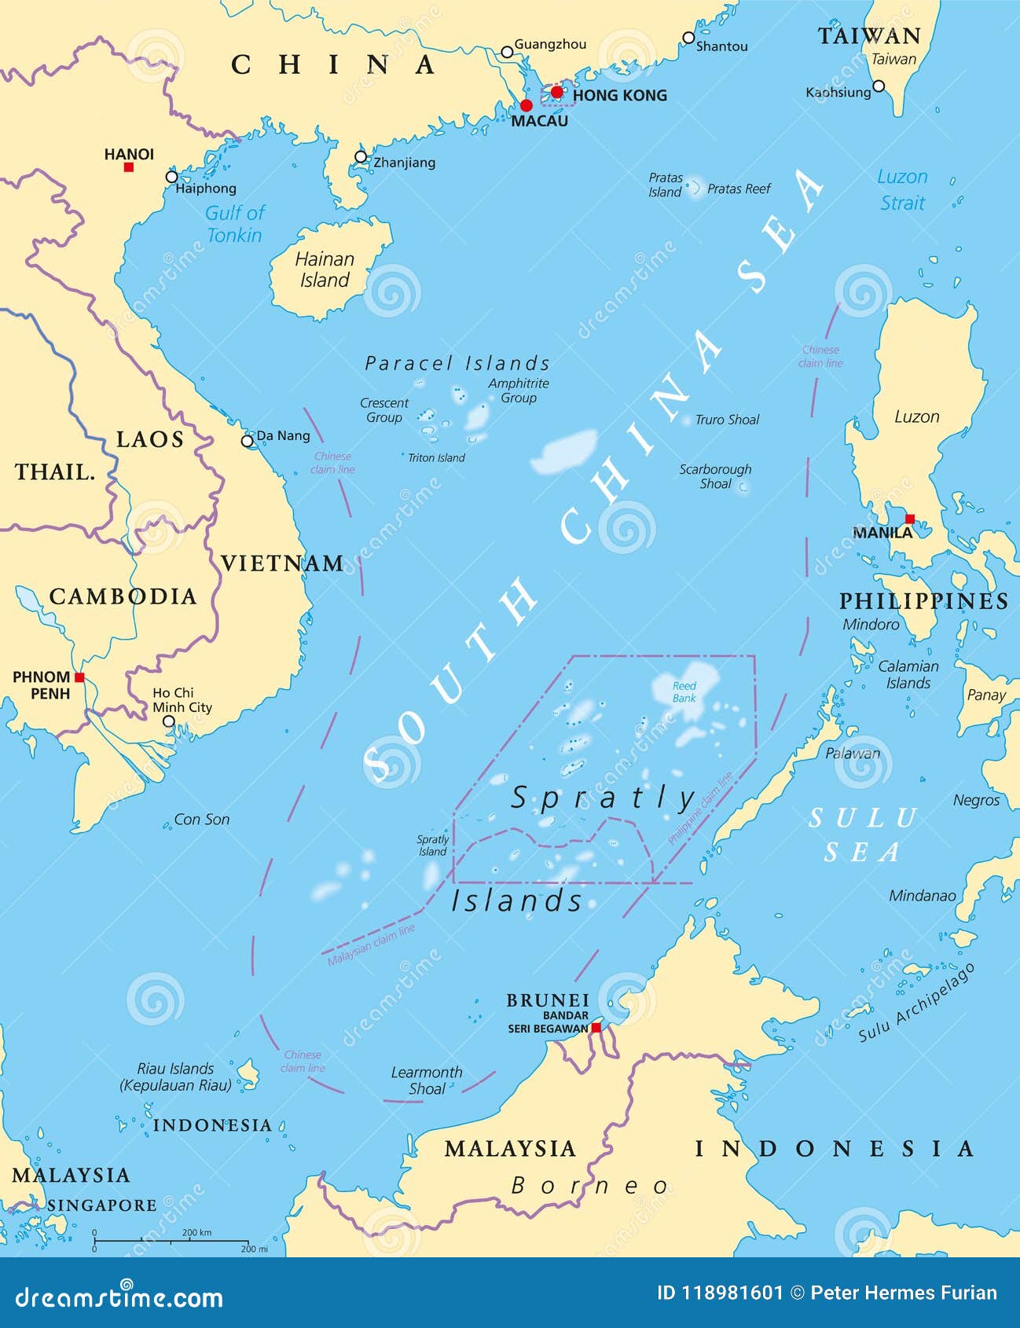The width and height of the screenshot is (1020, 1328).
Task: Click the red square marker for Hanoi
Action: [x=129, y=167]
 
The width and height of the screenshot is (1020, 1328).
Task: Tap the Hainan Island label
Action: [x=324, y=270]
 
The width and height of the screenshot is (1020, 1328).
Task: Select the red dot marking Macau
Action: [x=526, y=105]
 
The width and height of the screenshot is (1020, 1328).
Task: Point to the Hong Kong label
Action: [x=619, y=96]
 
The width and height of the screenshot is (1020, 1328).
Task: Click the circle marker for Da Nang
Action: [x=248, y=441]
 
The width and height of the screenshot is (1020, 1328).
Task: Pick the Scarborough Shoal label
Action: [x=715, y=476]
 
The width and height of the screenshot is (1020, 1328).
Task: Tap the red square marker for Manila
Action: [x=909, y=519]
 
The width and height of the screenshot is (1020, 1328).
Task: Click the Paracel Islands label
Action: [x=457, y=363]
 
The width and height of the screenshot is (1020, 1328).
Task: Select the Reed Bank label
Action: [x=684, y=692]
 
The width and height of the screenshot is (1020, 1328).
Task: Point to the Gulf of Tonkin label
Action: [x=234, y=224]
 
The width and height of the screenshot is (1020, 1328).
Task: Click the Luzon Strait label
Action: [x=902, y=189]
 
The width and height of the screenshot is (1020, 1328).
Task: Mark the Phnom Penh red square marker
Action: [x=79, y=677]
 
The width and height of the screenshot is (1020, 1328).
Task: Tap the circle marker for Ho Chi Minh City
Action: [x=169, y=721]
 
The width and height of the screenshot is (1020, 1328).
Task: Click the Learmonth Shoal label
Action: [x=427, y=1080]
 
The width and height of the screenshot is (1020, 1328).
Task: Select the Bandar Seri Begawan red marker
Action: [x=596, y=1028]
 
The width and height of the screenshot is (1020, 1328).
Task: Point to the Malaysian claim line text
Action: [x=371, y=945]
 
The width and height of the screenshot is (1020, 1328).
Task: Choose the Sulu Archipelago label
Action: [x=916, y=1003]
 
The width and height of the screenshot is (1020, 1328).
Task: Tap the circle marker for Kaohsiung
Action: [x=879, y=86]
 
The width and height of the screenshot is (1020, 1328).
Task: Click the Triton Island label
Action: [x=436, y=457]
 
